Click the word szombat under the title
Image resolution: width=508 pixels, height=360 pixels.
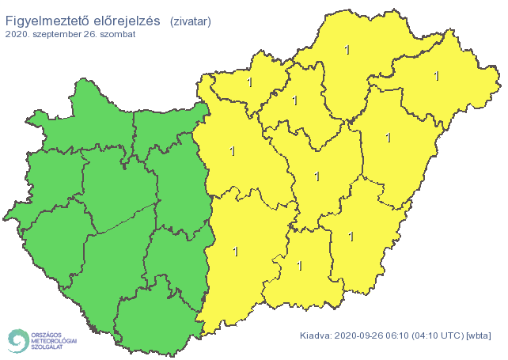(x=117, y=35)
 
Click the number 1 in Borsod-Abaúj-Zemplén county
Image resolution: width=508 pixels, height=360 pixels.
(x=347, y=51)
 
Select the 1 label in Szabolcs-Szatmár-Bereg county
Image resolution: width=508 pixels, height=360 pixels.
(x=436, y=76)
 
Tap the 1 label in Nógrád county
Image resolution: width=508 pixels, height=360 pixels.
(x=249, y=81)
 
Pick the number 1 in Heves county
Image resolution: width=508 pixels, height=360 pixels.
(x=294, y=100)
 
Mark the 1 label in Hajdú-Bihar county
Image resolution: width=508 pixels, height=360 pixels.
(x=388, y=138)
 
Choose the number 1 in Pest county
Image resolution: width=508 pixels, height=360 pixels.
(x=232, y=150)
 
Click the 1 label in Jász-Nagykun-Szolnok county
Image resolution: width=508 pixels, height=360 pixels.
(x=317, y=176)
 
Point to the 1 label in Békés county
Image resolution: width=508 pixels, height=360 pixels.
(x=351, y=236)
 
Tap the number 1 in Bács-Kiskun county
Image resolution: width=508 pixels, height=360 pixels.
(x=235, y=252)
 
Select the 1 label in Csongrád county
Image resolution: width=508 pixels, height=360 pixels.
(x=299, y=266)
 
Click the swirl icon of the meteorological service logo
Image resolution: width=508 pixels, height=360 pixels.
(x=17, y=340)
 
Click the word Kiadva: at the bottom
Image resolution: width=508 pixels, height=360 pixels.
(x=316, y=335)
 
